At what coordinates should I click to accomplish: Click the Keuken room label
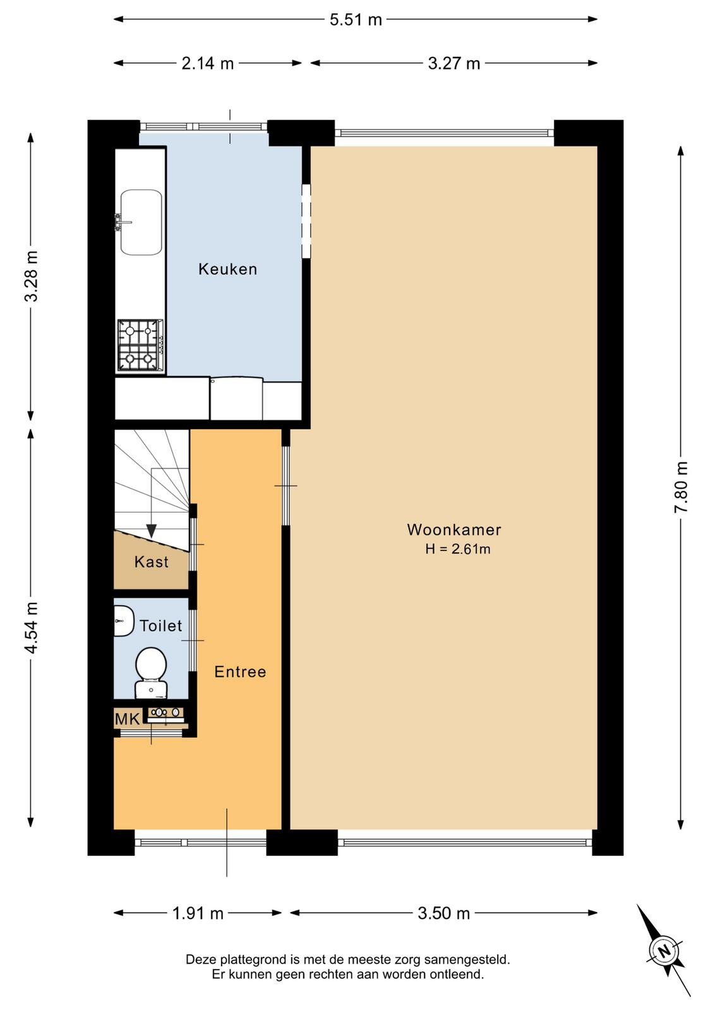(228, 269)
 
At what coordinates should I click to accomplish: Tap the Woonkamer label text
(454, 530)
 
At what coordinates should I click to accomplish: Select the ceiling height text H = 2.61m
(457, 549)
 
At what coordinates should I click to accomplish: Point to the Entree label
(240, 672)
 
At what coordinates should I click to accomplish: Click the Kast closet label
(152, 562)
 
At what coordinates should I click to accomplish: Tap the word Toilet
(160, 626)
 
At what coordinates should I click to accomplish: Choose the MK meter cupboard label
(127, 719)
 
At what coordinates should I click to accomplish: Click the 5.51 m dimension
(356, 20)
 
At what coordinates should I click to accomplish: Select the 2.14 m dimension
(208, 63)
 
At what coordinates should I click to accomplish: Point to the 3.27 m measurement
(454, 63)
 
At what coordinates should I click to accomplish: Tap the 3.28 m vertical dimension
(32, 275)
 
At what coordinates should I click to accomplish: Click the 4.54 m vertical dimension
(32, 627)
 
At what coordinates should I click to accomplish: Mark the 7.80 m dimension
(681, 487)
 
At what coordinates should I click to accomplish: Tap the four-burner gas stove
(140, 345)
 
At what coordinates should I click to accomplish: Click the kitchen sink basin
(141, 222)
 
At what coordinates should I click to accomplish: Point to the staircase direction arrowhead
(151, 531)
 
